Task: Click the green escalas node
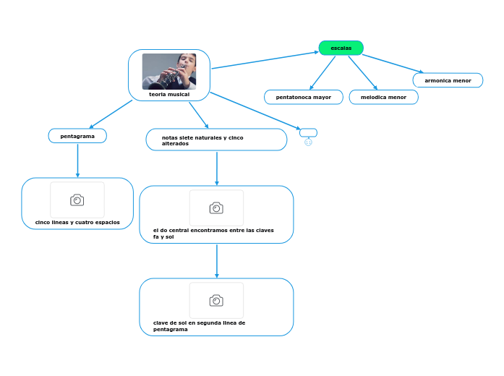(x=341, y=48)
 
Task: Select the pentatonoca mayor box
(x=304, y=97)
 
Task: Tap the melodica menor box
(x=383, y=97)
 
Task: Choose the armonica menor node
(x=448, y=80)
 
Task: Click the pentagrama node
(x=77, y=135)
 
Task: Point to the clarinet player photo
(x=169, y=71)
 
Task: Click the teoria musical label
(x=169, y=94)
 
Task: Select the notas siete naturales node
(x=216, y=140)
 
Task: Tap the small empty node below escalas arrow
(x=308, y=132)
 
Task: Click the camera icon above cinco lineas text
(x=77, y=200)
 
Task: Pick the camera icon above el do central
(x=216, y=208)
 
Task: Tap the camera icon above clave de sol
(x=216, y=300)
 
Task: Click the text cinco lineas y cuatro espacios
(x=77, y=222)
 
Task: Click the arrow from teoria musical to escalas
(x=264, y=59)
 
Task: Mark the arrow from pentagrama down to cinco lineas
(x=77, y=160)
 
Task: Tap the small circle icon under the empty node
(x=308, y=142)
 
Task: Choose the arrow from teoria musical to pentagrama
(x=111, y=114)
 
